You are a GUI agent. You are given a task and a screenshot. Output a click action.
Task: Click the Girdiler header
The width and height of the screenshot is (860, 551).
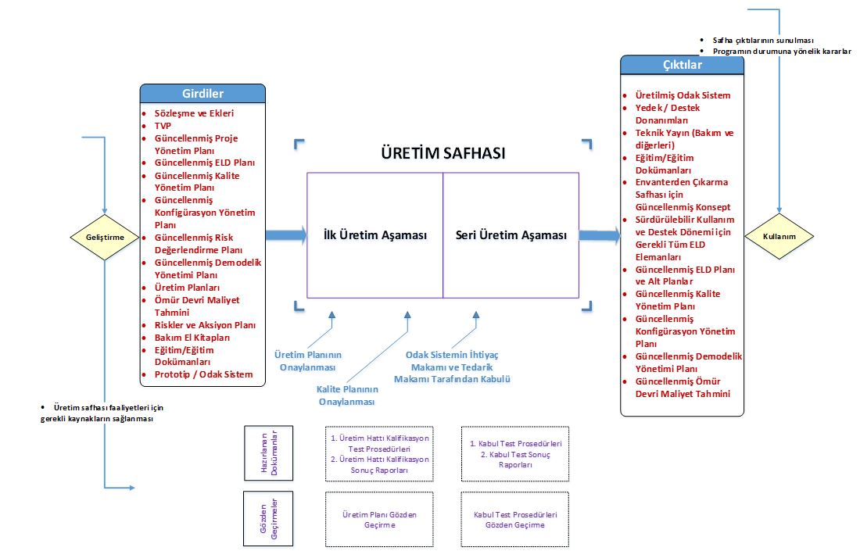pos(202,93)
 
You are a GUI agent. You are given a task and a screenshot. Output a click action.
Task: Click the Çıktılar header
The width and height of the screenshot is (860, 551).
pos(683,65)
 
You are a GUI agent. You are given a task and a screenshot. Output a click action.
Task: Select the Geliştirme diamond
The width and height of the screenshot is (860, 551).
pos(105,238)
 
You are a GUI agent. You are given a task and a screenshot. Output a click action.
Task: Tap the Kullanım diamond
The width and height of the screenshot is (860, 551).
pos(779,236)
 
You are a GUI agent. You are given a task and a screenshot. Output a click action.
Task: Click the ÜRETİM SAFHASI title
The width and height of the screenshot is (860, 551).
pos(443,153)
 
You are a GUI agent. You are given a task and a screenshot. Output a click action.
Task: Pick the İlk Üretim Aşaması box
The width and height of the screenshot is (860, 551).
pos(375,235)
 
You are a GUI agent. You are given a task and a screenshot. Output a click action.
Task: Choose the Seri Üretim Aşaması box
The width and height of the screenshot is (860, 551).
pos(511,235)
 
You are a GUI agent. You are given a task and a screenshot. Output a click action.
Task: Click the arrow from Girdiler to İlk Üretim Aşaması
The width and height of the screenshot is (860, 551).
pos(286,235)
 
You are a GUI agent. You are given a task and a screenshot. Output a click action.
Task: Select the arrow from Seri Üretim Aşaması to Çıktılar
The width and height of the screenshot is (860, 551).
pos(600,235)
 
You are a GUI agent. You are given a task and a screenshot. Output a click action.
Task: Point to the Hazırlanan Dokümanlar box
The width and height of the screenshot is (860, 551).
pos(269,453)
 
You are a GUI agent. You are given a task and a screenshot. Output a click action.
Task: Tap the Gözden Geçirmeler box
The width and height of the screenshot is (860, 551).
pos(268,519)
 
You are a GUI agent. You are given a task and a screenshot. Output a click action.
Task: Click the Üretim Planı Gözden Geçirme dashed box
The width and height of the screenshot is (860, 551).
pos(379,519)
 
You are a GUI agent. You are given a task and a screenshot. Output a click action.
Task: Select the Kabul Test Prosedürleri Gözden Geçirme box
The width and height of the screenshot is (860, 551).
pos(515,519)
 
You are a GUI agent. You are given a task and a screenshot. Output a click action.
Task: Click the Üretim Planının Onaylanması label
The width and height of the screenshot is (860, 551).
pos(308,361)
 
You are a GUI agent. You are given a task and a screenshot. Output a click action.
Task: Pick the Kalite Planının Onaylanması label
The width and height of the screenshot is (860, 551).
pos(347,395)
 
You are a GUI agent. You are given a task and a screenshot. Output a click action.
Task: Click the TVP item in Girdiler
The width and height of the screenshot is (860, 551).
pos(163,126)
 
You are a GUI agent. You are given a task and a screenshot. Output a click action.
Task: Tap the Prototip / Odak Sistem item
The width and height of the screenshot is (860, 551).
pos(203,374)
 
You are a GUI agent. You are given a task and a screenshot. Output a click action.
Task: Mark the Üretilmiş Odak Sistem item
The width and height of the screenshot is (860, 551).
pos(683,95)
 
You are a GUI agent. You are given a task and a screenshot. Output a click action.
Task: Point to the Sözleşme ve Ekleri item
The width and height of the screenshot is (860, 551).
pos(194,113)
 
